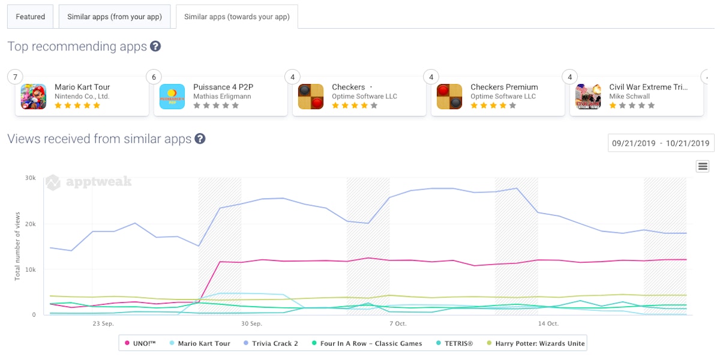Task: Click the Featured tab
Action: click(31, 17)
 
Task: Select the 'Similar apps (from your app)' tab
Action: click(115, 17)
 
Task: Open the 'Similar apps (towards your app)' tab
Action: click(237, 17)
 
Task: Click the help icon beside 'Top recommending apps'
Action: click(155, 46)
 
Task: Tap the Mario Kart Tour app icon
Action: click(34, 97)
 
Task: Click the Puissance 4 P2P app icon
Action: click(172, 97)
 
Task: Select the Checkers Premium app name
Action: click(504, 87)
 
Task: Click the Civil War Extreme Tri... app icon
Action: click(588, 97)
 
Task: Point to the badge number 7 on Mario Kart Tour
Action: click(15, 77)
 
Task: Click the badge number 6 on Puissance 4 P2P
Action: click(154, 77)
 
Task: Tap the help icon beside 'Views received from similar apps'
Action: click(200, 139)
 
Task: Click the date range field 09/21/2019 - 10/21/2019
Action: click(661, 143)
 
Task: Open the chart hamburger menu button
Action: click(703, 166)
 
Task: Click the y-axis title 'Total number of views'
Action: click(17, 246)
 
